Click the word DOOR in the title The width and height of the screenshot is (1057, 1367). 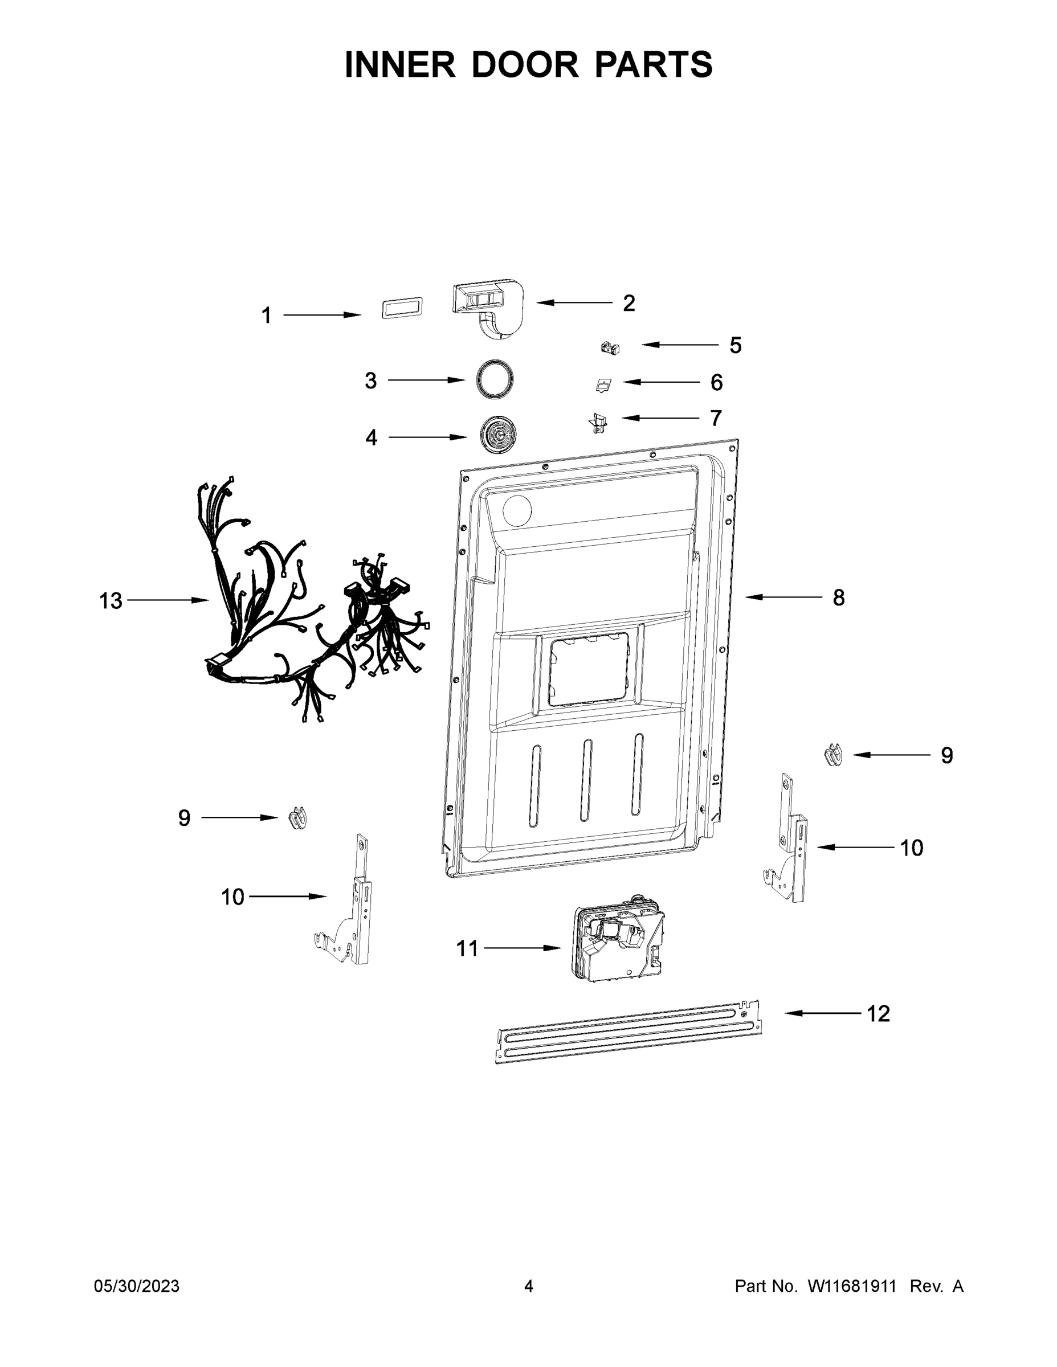(x=525, y=65)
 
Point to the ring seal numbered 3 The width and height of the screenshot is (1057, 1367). (x=495, y=379)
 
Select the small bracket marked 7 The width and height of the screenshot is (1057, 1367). (x=598, y=424)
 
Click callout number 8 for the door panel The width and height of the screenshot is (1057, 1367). (x=838, y=597)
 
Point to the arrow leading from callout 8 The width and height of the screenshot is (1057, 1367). (x=783, y=597)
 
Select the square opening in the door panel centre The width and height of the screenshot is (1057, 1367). (x=589, y=669)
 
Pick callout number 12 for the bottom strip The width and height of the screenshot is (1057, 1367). (x=878, y=1013)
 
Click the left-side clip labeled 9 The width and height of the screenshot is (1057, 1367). (x=298, y=818)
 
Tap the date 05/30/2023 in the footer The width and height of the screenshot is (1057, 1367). (x=137, y=1286)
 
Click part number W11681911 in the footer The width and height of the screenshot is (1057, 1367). (x=852, y=1286)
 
